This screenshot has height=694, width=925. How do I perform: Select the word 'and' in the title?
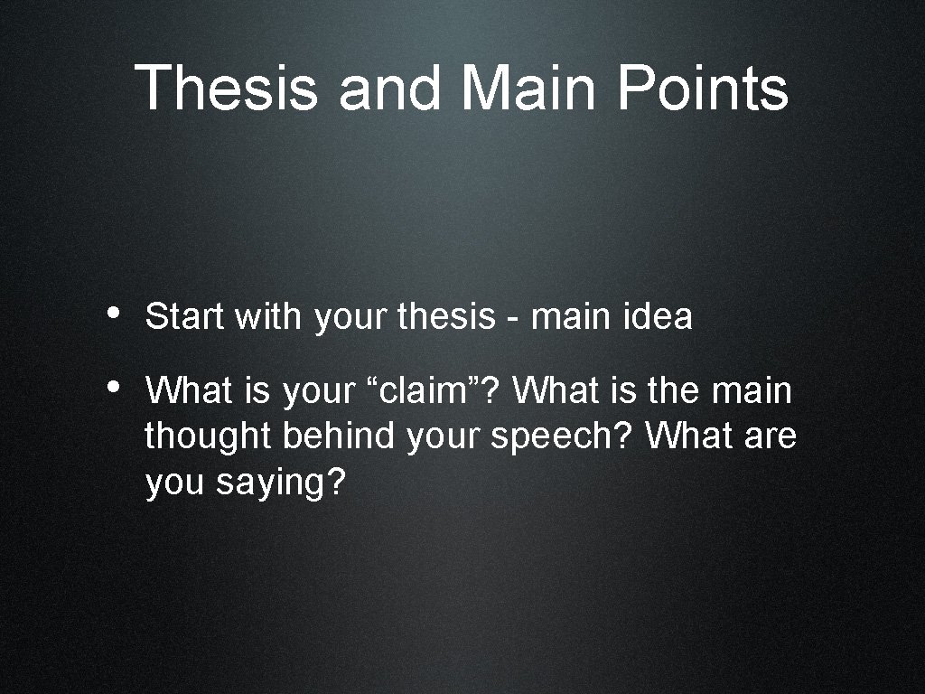390,88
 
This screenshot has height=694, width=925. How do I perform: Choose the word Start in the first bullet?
183,317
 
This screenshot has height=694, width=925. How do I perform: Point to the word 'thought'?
209,436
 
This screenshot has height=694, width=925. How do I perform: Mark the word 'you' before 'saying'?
175,484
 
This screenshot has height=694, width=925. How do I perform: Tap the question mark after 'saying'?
336,483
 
